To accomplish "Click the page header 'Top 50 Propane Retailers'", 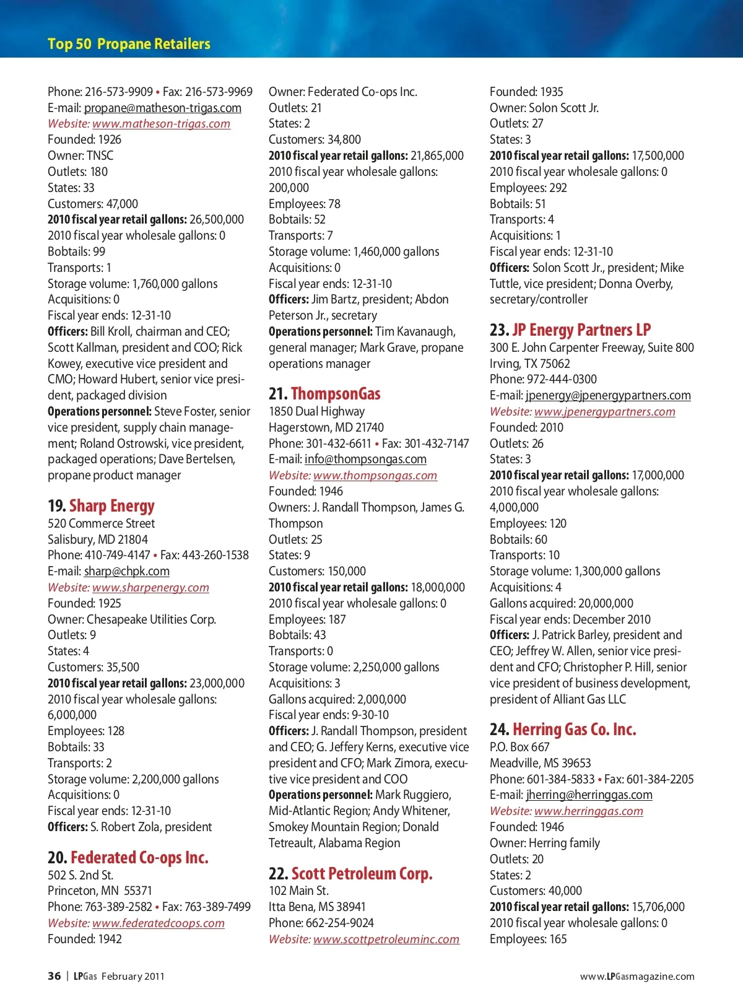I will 129,44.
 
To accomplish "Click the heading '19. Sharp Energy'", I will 101,506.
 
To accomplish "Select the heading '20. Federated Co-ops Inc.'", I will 128,858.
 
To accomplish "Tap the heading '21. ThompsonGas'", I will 324,394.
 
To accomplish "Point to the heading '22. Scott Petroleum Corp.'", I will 350,874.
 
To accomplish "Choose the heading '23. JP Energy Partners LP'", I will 570,330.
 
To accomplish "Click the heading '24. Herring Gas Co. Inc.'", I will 563,730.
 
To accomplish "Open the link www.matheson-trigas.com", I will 161,124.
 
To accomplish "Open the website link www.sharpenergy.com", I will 150,588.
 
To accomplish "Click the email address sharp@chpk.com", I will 126,572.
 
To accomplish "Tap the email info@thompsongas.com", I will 365,460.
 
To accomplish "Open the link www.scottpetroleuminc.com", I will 386,939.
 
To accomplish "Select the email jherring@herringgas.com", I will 589,795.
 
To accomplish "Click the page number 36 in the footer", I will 54,976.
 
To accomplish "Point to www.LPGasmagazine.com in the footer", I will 637,977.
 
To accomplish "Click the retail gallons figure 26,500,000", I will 217,220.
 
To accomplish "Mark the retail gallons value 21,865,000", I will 437,156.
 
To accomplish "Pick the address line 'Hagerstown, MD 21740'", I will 326,428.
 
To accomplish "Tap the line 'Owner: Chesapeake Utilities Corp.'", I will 132,619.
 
